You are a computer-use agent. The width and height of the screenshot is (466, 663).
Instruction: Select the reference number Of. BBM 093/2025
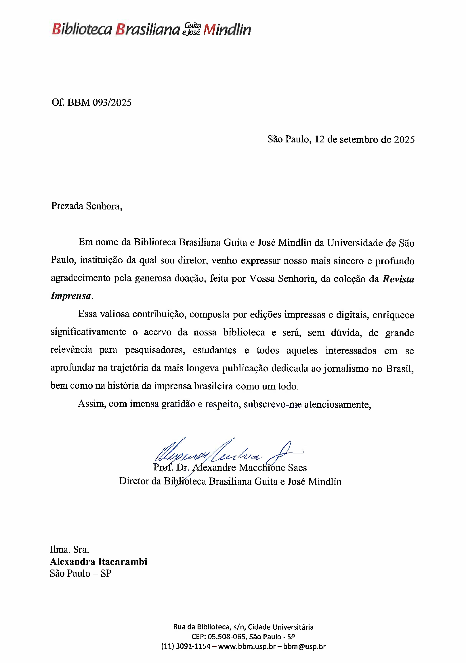point(92,103)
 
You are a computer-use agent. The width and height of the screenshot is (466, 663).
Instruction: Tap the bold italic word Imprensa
point(71,296)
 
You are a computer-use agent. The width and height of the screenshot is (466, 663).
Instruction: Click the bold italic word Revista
point(398,279)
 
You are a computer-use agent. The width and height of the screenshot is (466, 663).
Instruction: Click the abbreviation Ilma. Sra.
point(69,549)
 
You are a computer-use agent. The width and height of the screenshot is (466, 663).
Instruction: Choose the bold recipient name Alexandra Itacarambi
point(99,562)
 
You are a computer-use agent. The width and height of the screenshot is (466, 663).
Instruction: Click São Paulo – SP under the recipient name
point(80,573)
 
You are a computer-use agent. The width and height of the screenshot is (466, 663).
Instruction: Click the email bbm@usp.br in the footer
point(304,646)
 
